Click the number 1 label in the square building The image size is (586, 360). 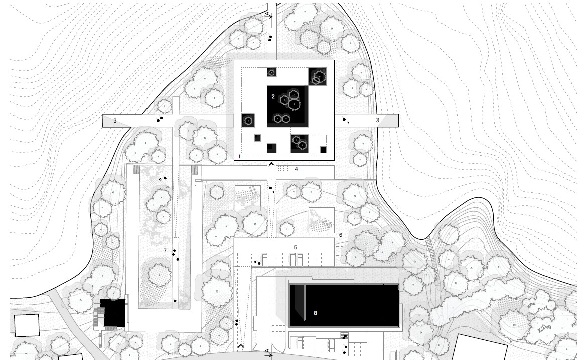point(239,156)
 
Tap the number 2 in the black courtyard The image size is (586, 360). point(273,97)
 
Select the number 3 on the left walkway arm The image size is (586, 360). point(115,121)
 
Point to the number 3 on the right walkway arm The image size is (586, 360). point(377,121)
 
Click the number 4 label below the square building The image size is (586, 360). point(296,169)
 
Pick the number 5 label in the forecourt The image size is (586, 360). point(295,247)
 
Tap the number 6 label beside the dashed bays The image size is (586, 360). point(341,235)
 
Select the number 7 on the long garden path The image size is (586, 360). point(165,250)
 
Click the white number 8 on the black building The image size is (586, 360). point(315,313)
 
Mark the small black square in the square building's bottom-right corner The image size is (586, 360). point(323,150)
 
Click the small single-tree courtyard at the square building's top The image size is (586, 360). point(272,72)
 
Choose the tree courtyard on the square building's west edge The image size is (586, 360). point(248,121)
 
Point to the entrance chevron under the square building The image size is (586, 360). point(271,164)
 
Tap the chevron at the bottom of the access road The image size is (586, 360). point(241,346)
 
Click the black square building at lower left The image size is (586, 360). point(112,313)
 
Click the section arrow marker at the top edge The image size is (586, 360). point(269,15)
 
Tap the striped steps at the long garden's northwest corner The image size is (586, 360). point(136,169)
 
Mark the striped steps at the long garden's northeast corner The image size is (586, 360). point(194,169)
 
